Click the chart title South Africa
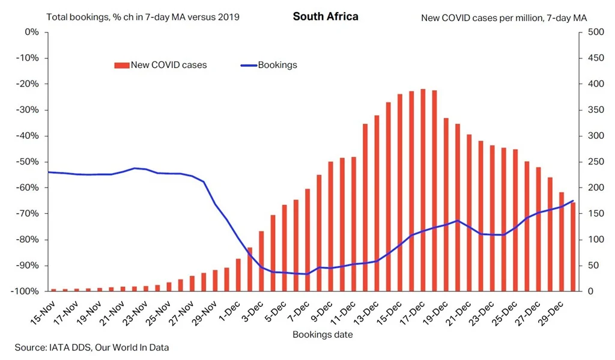pyautogui.click(x=326, y=16)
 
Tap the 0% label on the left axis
pyautogui.click(x=32, y=32)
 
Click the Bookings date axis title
pyautogui.click(x=323, y=334)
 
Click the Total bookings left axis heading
pyautogui.click(x=143, y=17)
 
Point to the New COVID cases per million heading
pyautogui.click(x=504, y=17)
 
